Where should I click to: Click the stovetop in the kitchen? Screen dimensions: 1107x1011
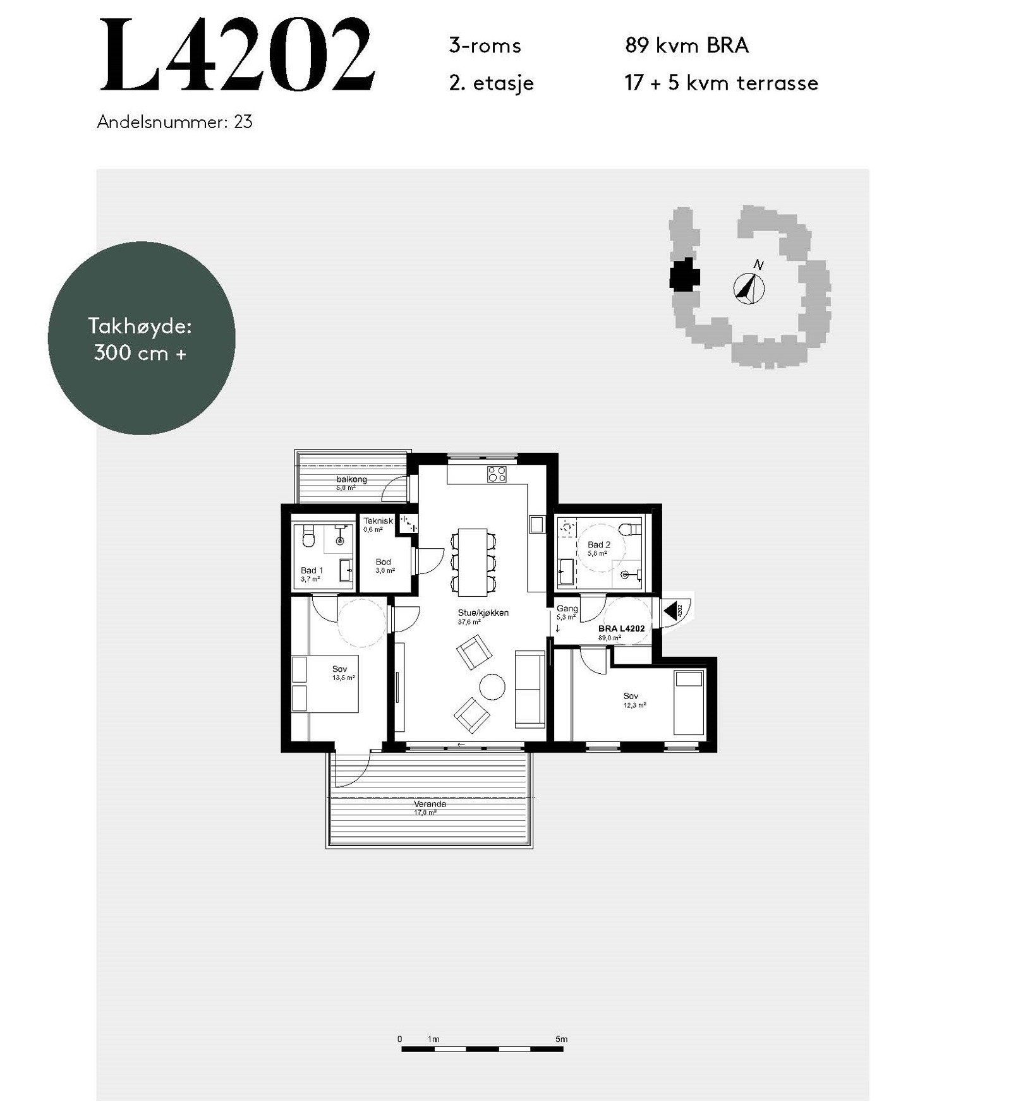(x=497, y=474)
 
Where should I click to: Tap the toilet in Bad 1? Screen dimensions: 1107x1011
(x=308, y=537)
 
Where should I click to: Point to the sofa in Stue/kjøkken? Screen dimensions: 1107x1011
(x=530, y=688)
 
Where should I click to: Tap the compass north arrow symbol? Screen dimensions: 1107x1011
(x=749, y=287)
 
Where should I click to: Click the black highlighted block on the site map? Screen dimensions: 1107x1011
(x=684, y=276)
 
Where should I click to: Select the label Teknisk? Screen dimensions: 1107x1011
(x=378, y=521)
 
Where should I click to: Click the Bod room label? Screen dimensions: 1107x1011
(x=383, y=561)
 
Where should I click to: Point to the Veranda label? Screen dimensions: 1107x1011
(x=430, y=804)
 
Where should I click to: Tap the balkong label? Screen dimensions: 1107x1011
(x=352, y=479)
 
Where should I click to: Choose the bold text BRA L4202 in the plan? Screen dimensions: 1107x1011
(x=621, y=629)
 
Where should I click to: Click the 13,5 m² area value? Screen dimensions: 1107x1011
(x=344, y=678)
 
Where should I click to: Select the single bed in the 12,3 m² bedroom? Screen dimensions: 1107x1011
(x=688, y=703)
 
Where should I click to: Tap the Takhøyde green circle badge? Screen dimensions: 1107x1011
(x=142, y=338)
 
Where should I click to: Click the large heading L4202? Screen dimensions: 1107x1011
(x=237, y=56)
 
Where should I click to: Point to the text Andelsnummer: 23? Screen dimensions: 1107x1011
(x=174, y=122)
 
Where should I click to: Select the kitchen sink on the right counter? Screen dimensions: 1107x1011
(x=537, y=524)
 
